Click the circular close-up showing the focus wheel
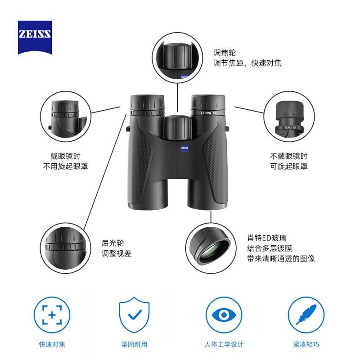tap(176, 59)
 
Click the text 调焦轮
tap(225, 52)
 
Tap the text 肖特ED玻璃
tap(266, 237)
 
